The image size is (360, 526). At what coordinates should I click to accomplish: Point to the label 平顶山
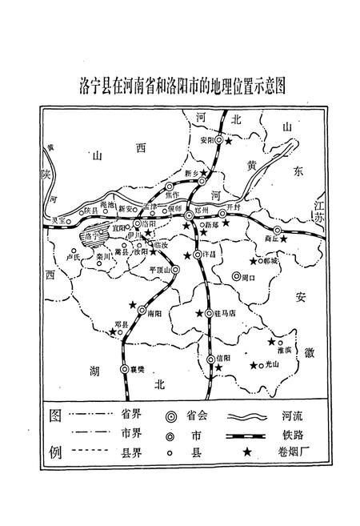162,269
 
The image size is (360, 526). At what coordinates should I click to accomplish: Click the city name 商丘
270,238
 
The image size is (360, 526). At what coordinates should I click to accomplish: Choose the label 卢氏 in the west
74,258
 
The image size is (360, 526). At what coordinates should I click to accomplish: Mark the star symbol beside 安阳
229,141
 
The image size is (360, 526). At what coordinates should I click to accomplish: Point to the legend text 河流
292,416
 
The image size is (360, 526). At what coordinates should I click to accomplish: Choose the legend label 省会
198,416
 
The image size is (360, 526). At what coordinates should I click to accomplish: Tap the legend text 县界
132,453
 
